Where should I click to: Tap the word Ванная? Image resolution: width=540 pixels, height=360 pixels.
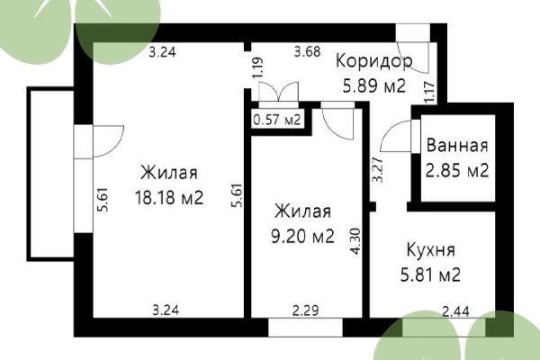click(457, 145)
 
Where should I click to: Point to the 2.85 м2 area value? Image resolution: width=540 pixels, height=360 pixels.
click(457, 169)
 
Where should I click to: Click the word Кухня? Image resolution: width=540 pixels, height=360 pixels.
click(430, 249)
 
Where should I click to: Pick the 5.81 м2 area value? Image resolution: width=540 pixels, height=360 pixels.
click(430, 274)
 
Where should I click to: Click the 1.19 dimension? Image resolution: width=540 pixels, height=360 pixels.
click(257, 69)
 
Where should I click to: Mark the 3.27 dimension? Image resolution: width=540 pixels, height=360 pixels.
click(377, 171)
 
